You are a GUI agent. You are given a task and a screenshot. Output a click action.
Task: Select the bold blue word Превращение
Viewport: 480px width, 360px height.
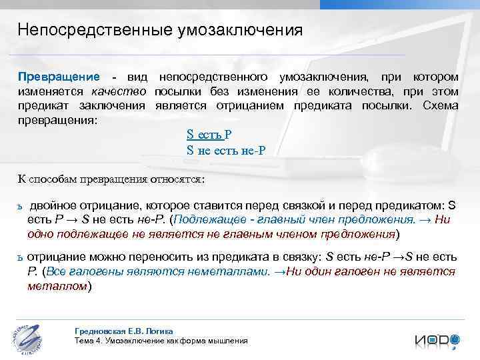pos(59,77)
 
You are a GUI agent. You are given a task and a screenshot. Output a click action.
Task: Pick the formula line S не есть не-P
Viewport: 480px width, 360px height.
pos(226,150)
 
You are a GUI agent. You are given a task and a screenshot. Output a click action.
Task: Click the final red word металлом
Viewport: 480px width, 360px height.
pos(57,286)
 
